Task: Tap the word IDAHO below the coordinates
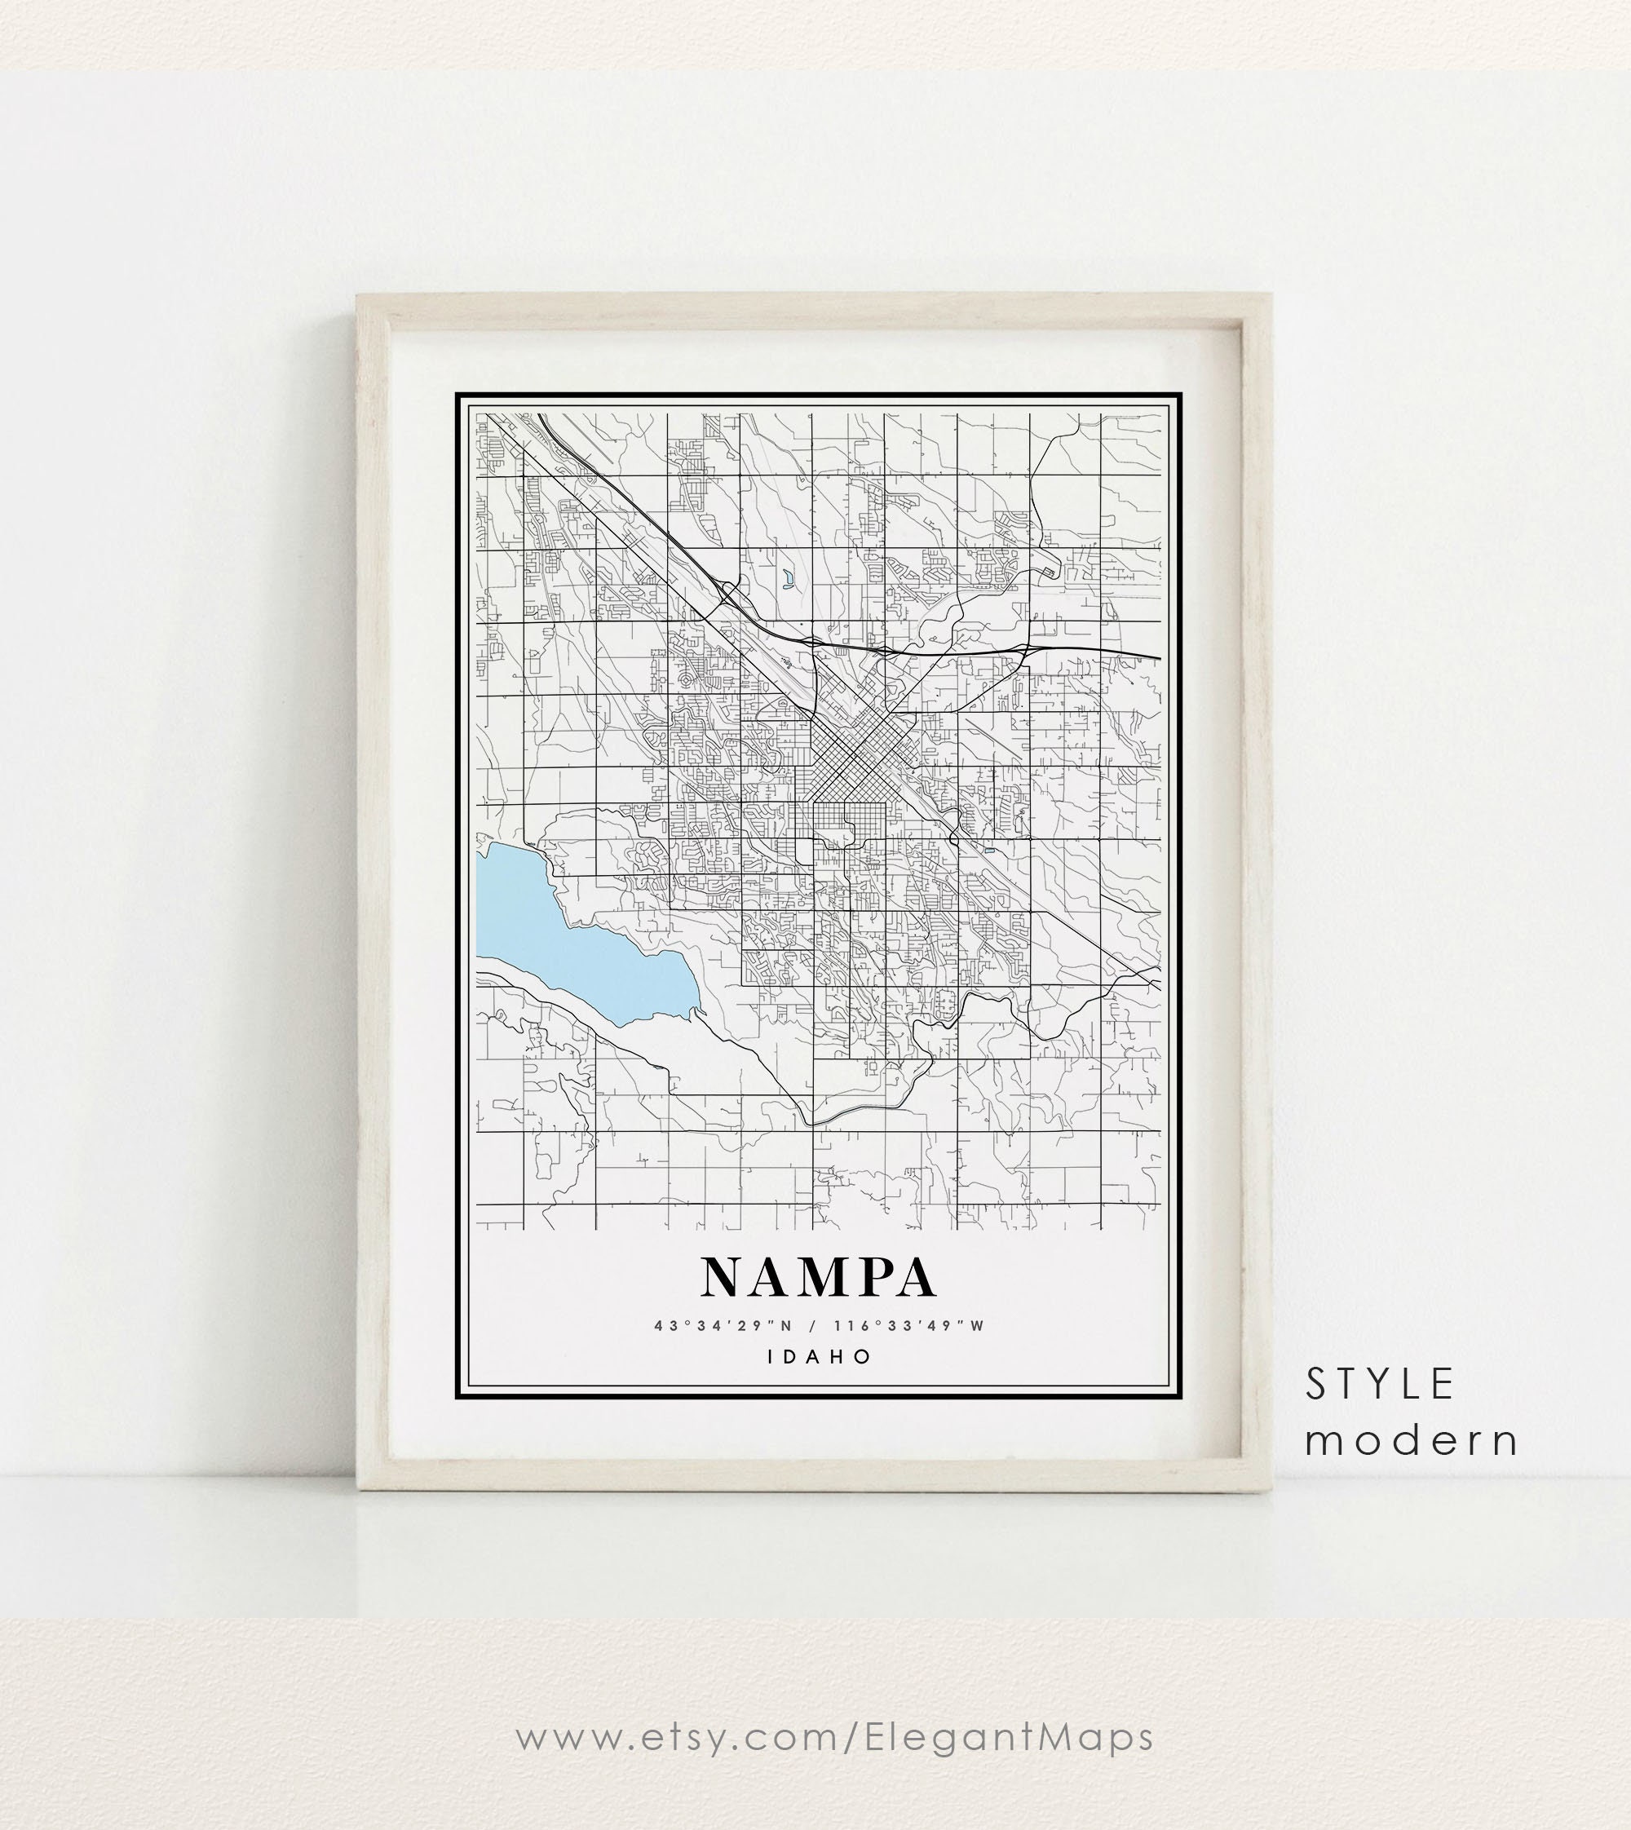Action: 819,1356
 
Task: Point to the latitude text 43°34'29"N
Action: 724,1325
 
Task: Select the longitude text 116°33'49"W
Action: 908,1325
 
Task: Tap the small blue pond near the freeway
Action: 787,580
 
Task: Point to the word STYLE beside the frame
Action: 1379,1385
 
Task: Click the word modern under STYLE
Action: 1411,1441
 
